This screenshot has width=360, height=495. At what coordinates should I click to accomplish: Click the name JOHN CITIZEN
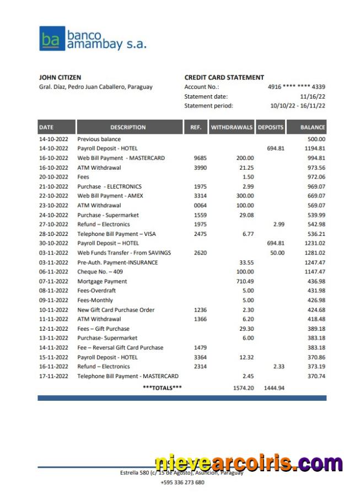coord(60,78)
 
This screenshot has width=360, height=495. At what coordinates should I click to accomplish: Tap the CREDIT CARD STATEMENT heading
coord(224,78)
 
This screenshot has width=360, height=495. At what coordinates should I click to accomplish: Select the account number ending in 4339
coord(296,87)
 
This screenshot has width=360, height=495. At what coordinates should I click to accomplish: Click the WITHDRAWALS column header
coord(232,127)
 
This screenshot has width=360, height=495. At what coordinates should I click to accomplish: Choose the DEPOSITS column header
coord(270,127)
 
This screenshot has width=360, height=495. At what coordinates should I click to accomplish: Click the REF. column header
coord(196,127)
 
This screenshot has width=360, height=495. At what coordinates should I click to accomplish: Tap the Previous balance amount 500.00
coord(316,139)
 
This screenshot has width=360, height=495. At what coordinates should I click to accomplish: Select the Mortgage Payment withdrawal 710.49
coord(245,282)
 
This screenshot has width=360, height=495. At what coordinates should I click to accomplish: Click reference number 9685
coord(200,158)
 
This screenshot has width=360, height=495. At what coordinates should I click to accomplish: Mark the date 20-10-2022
coord(53,177)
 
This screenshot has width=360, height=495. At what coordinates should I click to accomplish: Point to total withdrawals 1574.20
coord(243,388)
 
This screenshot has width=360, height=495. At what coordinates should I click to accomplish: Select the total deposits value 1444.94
coord(274,388)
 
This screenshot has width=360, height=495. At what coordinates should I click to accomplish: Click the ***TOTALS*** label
coord(162,388)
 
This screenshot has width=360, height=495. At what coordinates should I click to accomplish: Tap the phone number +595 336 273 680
coord(182,482)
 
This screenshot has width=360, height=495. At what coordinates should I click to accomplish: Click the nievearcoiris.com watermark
coord(248,463)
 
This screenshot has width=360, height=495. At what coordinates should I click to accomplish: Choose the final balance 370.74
coord(316,376)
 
